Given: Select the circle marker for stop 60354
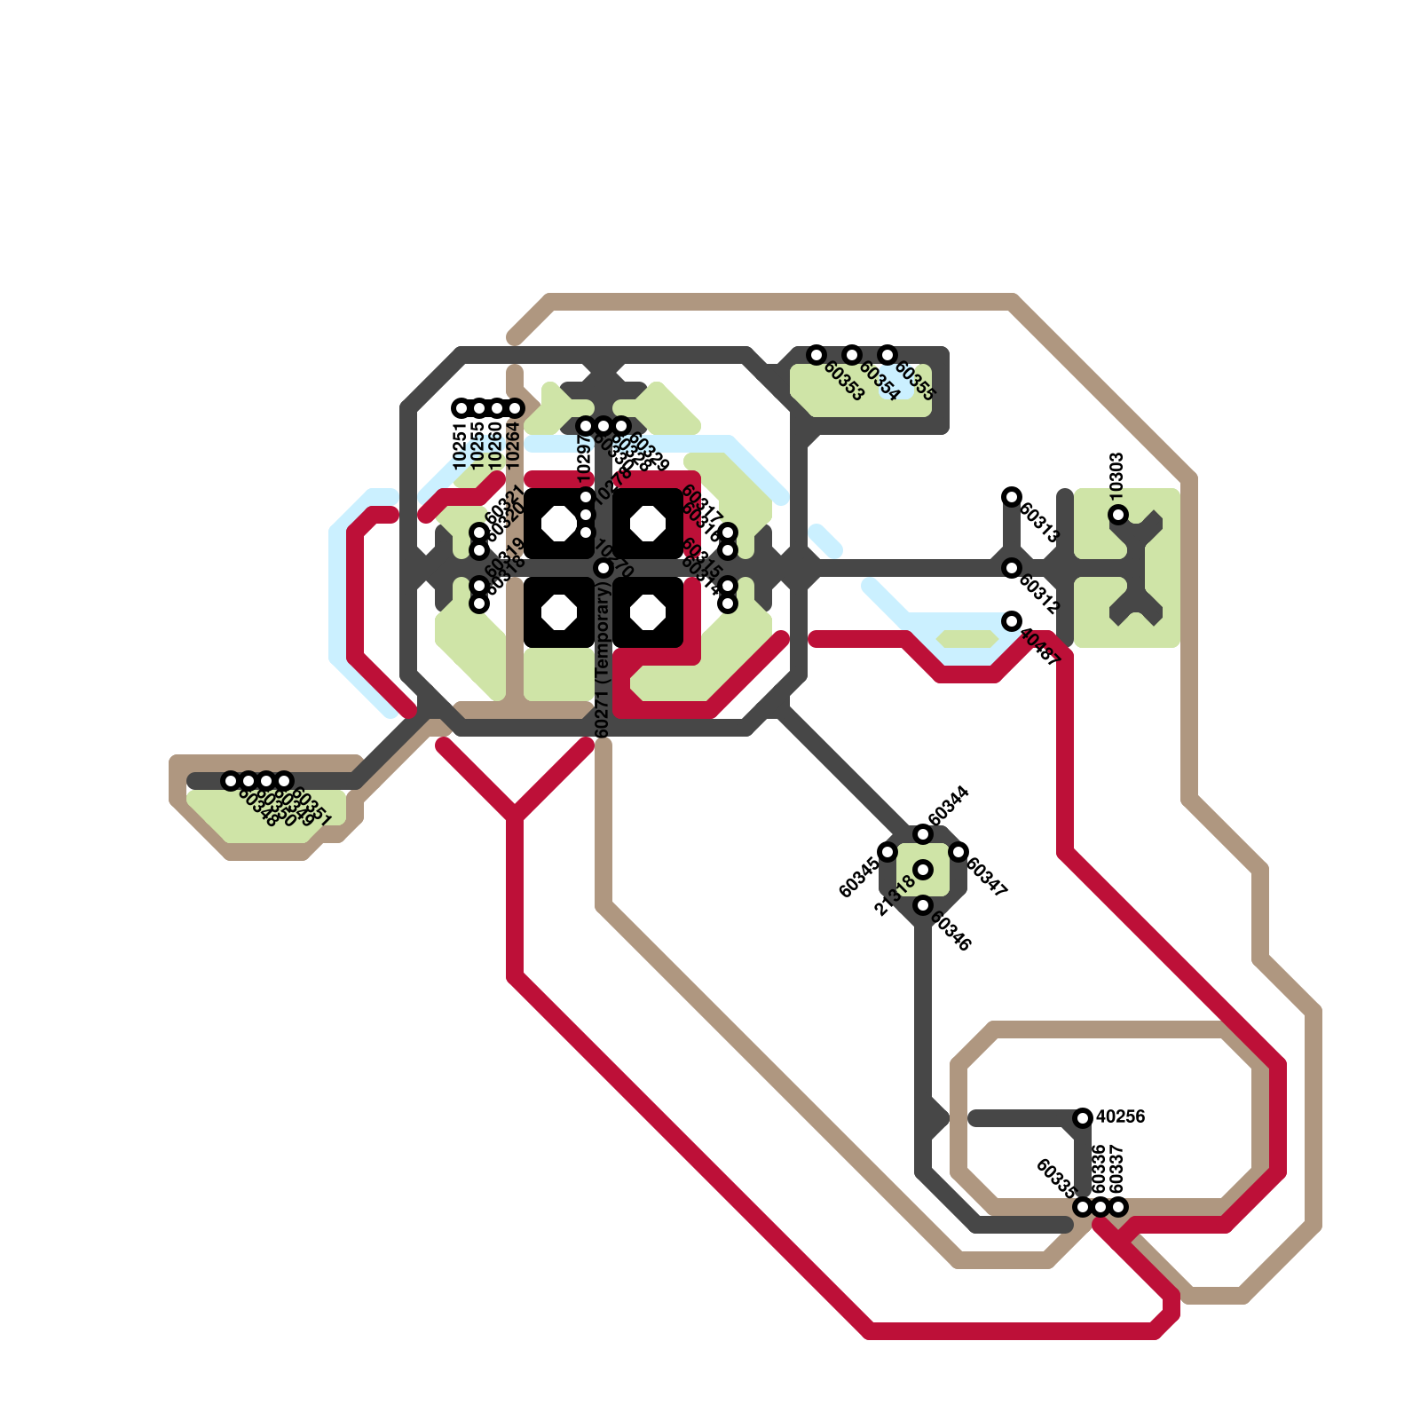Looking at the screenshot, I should coord(852,355).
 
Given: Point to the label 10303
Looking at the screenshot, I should coord(1117,474).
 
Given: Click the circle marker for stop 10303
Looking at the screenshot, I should coord(1118,515).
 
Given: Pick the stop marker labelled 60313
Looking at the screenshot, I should coord(1012,497).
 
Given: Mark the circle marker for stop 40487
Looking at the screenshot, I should coord(1012,621).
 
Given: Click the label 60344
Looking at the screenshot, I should coord(948,806).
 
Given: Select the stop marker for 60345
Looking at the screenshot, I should coord(887,852).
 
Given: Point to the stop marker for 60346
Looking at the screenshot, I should coord(923,905).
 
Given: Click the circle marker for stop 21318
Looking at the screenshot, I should coord(923,870).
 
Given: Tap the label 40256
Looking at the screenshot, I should coord(1121,1116).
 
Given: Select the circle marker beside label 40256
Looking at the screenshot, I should coord(1083,1118).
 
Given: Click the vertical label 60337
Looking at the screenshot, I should coord(1117,1170).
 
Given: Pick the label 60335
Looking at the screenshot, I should coord(1056,1179).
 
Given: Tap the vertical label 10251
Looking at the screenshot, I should coord(460,446).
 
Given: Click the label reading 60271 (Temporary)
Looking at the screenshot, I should coord(603,661).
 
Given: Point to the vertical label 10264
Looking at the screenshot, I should coord(513,446).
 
